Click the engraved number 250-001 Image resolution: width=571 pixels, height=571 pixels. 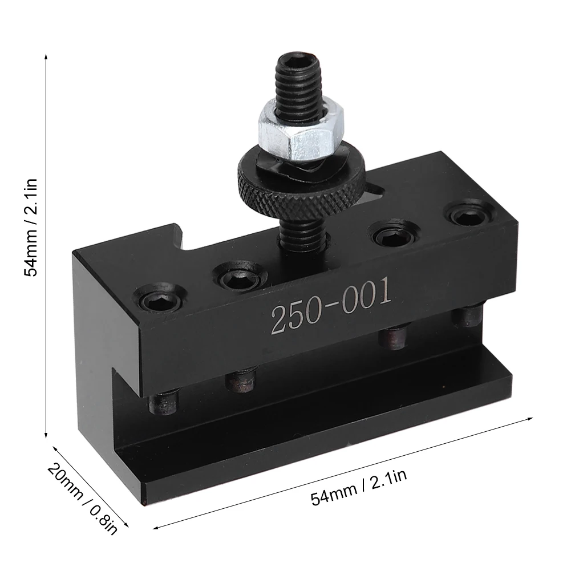pyautogui.click(x=331, y=305)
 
